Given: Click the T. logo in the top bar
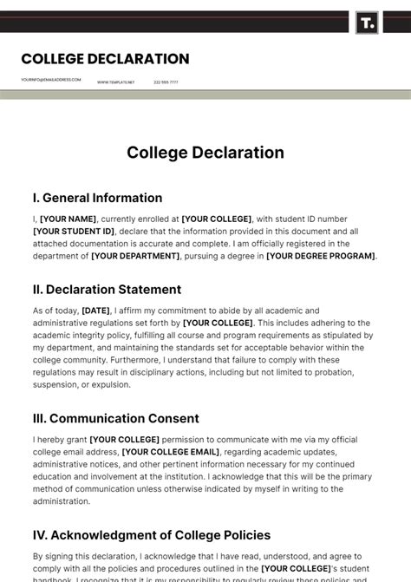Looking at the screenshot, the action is pos(368,23).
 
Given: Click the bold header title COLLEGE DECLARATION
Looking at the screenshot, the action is pos(105,59).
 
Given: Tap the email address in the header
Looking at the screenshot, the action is pos(51,80).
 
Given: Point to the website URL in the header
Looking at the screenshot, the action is pos(115,82).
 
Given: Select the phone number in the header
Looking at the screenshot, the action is pos(166,82).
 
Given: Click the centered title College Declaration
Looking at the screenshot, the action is pos(205,153).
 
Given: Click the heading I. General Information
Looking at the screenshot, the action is pos(97,198).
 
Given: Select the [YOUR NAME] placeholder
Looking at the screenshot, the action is pos(68,219).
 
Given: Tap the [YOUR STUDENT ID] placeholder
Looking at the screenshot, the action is pos(74,232).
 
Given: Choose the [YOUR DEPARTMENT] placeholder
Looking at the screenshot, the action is pos(135,257).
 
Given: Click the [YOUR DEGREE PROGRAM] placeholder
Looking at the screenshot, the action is pos(321,257).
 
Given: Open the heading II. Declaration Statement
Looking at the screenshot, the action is pos(107,290).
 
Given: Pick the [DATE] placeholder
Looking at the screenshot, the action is pos(95,311).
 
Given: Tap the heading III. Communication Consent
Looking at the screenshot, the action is pos(115,419).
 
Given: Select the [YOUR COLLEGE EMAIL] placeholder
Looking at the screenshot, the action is pos(171,452).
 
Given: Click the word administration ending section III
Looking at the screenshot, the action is pos(62,501).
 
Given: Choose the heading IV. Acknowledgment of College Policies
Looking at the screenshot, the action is pos(152,535).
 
